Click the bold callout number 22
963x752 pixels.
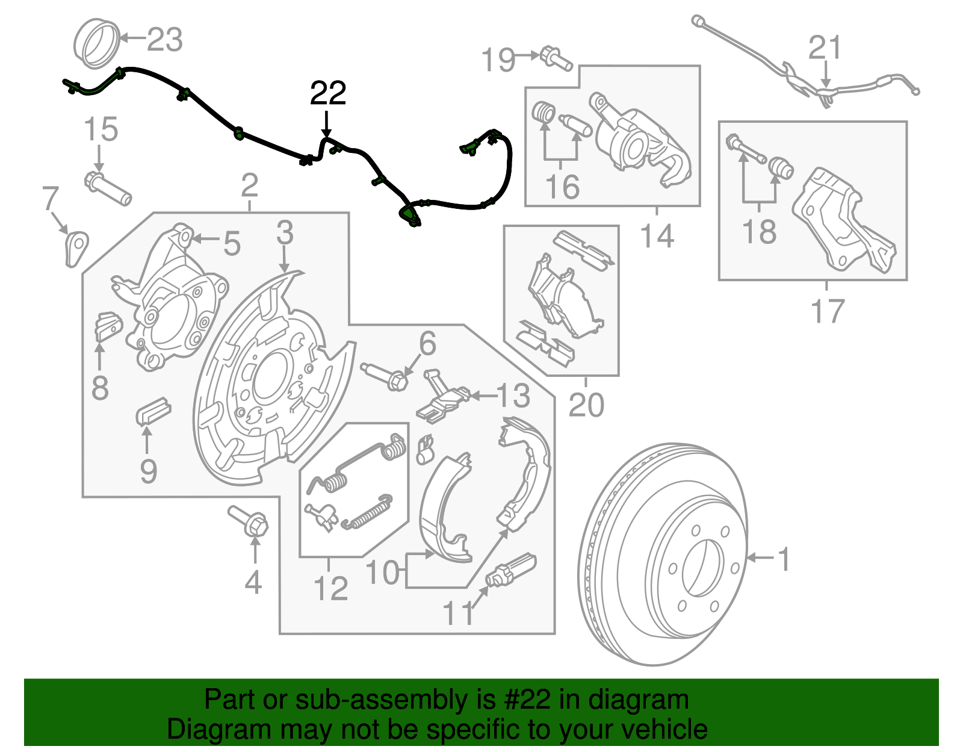[x=328, y=93]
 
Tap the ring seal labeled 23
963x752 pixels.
[x=96, y=42]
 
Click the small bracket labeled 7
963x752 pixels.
[x=75, y=247]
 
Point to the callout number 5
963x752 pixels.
[x=232, y=244]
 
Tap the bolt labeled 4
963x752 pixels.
[x=249, y=521]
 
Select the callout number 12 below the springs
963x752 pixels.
[x=330, y=588]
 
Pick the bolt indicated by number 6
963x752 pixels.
[x=385, y=374]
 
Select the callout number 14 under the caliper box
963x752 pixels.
[x=657, y=235]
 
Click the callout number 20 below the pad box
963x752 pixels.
[x=586, y=405]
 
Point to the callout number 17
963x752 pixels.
[x=828, y=311]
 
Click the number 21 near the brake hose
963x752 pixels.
[x=824, y=48]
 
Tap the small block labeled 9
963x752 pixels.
[x=153, y=409]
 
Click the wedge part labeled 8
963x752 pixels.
[x=108, y=326]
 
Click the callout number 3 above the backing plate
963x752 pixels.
[x=285, y=232]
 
